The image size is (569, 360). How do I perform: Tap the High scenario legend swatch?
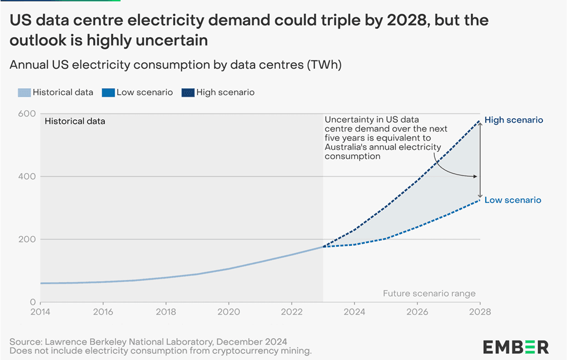[x=187, y=93]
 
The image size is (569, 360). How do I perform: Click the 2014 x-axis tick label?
[x=40, y=312]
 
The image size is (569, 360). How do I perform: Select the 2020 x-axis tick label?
[x=228, y=312]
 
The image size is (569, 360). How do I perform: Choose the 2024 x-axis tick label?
[x=354, y=312]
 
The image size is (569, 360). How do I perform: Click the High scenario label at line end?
[x=514, y=120]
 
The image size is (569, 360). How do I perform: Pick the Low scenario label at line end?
[x=512, y=200]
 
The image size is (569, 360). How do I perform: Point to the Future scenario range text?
[x=429, y=293]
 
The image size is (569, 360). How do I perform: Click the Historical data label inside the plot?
[x=75, y=120]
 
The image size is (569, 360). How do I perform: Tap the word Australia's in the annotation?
[x=348, y=147]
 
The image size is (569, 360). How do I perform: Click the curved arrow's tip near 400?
[x=477, y=177]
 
